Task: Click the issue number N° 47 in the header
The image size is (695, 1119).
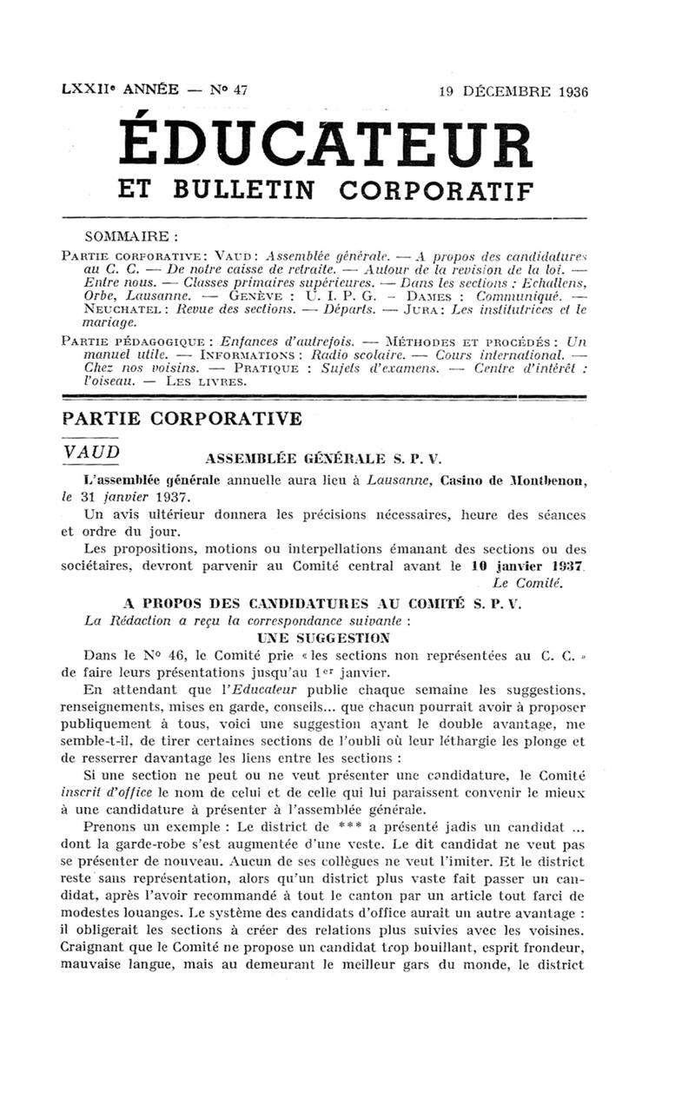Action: pyautogui.click(x=228, y=89)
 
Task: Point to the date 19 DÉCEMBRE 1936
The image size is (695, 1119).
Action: pyautogui.click(x=513, y=91)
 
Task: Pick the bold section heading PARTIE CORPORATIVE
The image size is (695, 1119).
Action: pyautogui.click(x=182, y=418)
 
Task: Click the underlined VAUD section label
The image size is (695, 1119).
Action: pyautogui.click(x=91, y=454)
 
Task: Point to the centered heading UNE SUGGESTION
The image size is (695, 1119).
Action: pyautogui.click(x=328, y=637)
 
